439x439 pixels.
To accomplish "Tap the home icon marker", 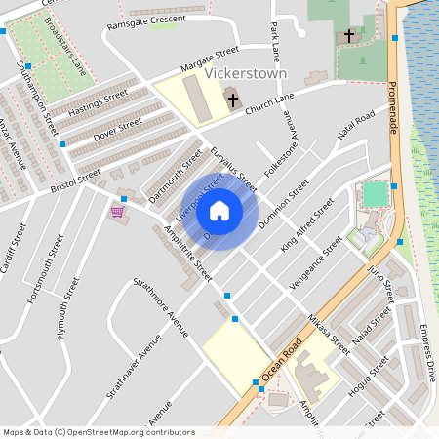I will tap(219, 210).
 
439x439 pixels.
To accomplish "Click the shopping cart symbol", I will tap(118, 210).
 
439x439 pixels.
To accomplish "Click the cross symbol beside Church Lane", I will tap(232, 99).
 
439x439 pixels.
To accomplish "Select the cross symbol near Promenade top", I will tap(349, 36).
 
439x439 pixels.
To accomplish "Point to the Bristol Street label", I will tap(75, 182).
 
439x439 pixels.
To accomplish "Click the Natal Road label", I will tap(356, 128).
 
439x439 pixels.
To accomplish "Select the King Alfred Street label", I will tap(306, 224).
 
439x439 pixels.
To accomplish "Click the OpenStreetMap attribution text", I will tap(99, 432).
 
